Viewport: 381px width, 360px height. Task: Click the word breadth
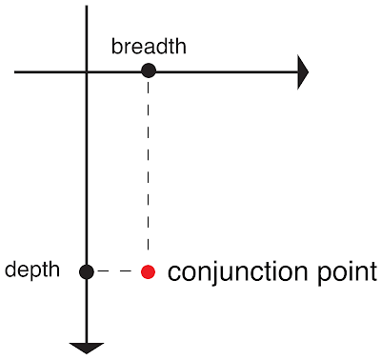(149, 47)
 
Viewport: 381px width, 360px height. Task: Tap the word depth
(32, 270)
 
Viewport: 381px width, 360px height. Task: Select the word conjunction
(237, 272)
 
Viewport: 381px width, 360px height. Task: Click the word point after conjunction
(348, 272)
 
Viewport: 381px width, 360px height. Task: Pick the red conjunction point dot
(148, 272)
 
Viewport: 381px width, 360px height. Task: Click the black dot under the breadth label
(149, 70)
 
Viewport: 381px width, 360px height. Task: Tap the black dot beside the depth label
(87, 272)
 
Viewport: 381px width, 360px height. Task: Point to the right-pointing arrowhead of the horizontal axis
(303, 72)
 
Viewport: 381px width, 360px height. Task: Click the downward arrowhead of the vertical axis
(87, 349)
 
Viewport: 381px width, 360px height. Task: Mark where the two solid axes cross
(87, 72)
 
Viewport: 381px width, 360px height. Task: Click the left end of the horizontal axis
(14, 72)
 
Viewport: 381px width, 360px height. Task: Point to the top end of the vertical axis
(87, 6)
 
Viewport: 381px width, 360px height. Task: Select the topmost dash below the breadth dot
(148, 87)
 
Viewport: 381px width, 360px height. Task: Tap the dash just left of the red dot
(126, 271)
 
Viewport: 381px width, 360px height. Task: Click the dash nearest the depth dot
(104, 271)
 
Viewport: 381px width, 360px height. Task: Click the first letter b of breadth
(116, 47)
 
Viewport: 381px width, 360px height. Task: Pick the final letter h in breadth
(181, 47)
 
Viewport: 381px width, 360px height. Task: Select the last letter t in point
(373, 272)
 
